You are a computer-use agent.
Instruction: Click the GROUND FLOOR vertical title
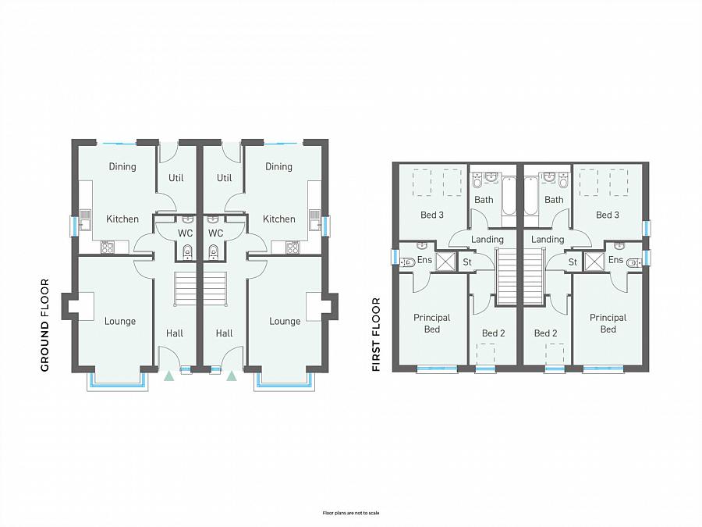tap(44, 325)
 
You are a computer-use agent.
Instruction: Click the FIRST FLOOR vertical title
tap(376, 333)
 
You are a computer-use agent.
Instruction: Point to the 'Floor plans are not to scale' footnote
tap(351, 513)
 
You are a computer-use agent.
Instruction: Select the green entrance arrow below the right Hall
tap(231, 376)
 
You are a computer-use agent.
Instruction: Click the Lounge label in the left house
tap(120, 321)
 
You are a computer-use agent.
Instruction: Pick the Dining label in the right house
tap(278, 166)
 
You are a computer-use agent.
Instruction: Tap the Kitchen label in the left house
tap(122, 219)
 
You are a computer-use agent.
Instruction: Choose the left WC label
tap(185, 233)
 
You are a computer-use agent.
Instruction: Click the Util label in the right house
tap(225, 178)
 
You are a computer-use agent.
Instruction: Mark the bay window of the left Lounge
tap(116, 383)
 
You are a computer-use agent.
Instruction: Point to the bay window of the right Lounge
tap(284, 383)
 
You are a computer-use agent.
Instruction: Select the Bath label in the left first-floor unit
tap(484, 200)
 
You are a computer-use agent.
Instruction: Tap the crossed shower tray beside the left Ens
tap(445, 261)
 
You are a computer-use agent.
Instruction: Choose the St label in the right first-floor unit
tap(573, 262)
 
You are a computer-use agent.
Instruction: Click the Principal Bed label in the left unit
tap(432, 323)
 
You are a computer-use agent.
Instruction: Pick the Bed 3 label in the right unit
tap(608, 215)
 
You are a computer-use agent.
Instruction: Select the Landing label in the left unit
tap(487, 240)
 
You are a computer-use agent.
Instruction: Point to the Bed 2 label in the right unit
tap(546, 333)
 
